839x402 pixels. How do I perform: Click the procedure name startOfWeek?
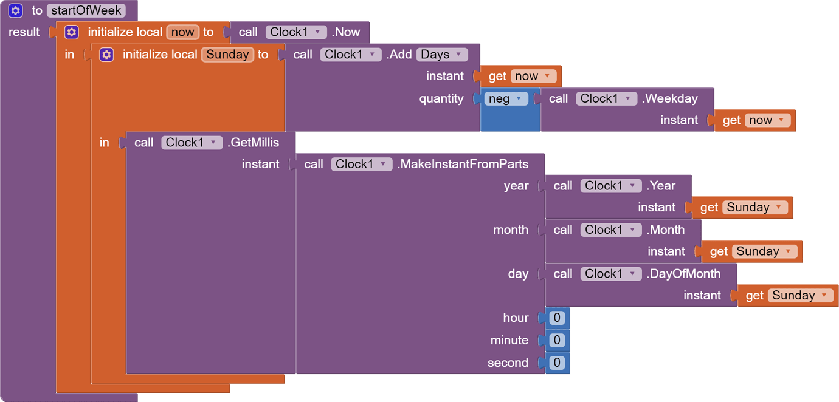pos(86,10)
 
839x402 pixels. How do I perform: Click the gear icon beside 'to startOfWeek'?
pos(16,10)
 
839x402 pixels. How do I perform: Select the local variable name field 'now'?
pos(182,32)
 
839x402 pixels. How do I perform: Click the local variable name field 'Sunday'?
pos(227,55)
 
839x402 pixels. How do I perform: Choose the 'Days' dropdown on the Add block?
pos(442,55)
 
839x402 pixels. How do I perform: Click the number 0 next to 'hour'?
pos(557,318)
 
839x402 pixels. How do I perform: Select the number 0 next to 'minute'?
pos(557,340)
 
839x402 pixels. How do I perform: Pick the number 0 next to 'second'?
pos(557,363)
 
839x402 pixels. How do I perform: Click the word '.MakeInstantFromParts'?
pos(463,164)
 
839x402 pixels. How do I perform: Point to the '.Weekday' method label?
pos(670,98)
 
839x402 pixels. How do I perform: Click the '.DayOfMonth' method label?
pos(683,274)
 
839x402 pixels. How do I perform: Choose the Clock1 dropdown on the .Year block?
pos(610,186)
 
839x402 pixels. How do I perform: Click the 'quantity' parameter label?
pos(441,98)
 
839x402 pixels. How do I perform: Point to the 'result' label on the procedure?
pos(24,32)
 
